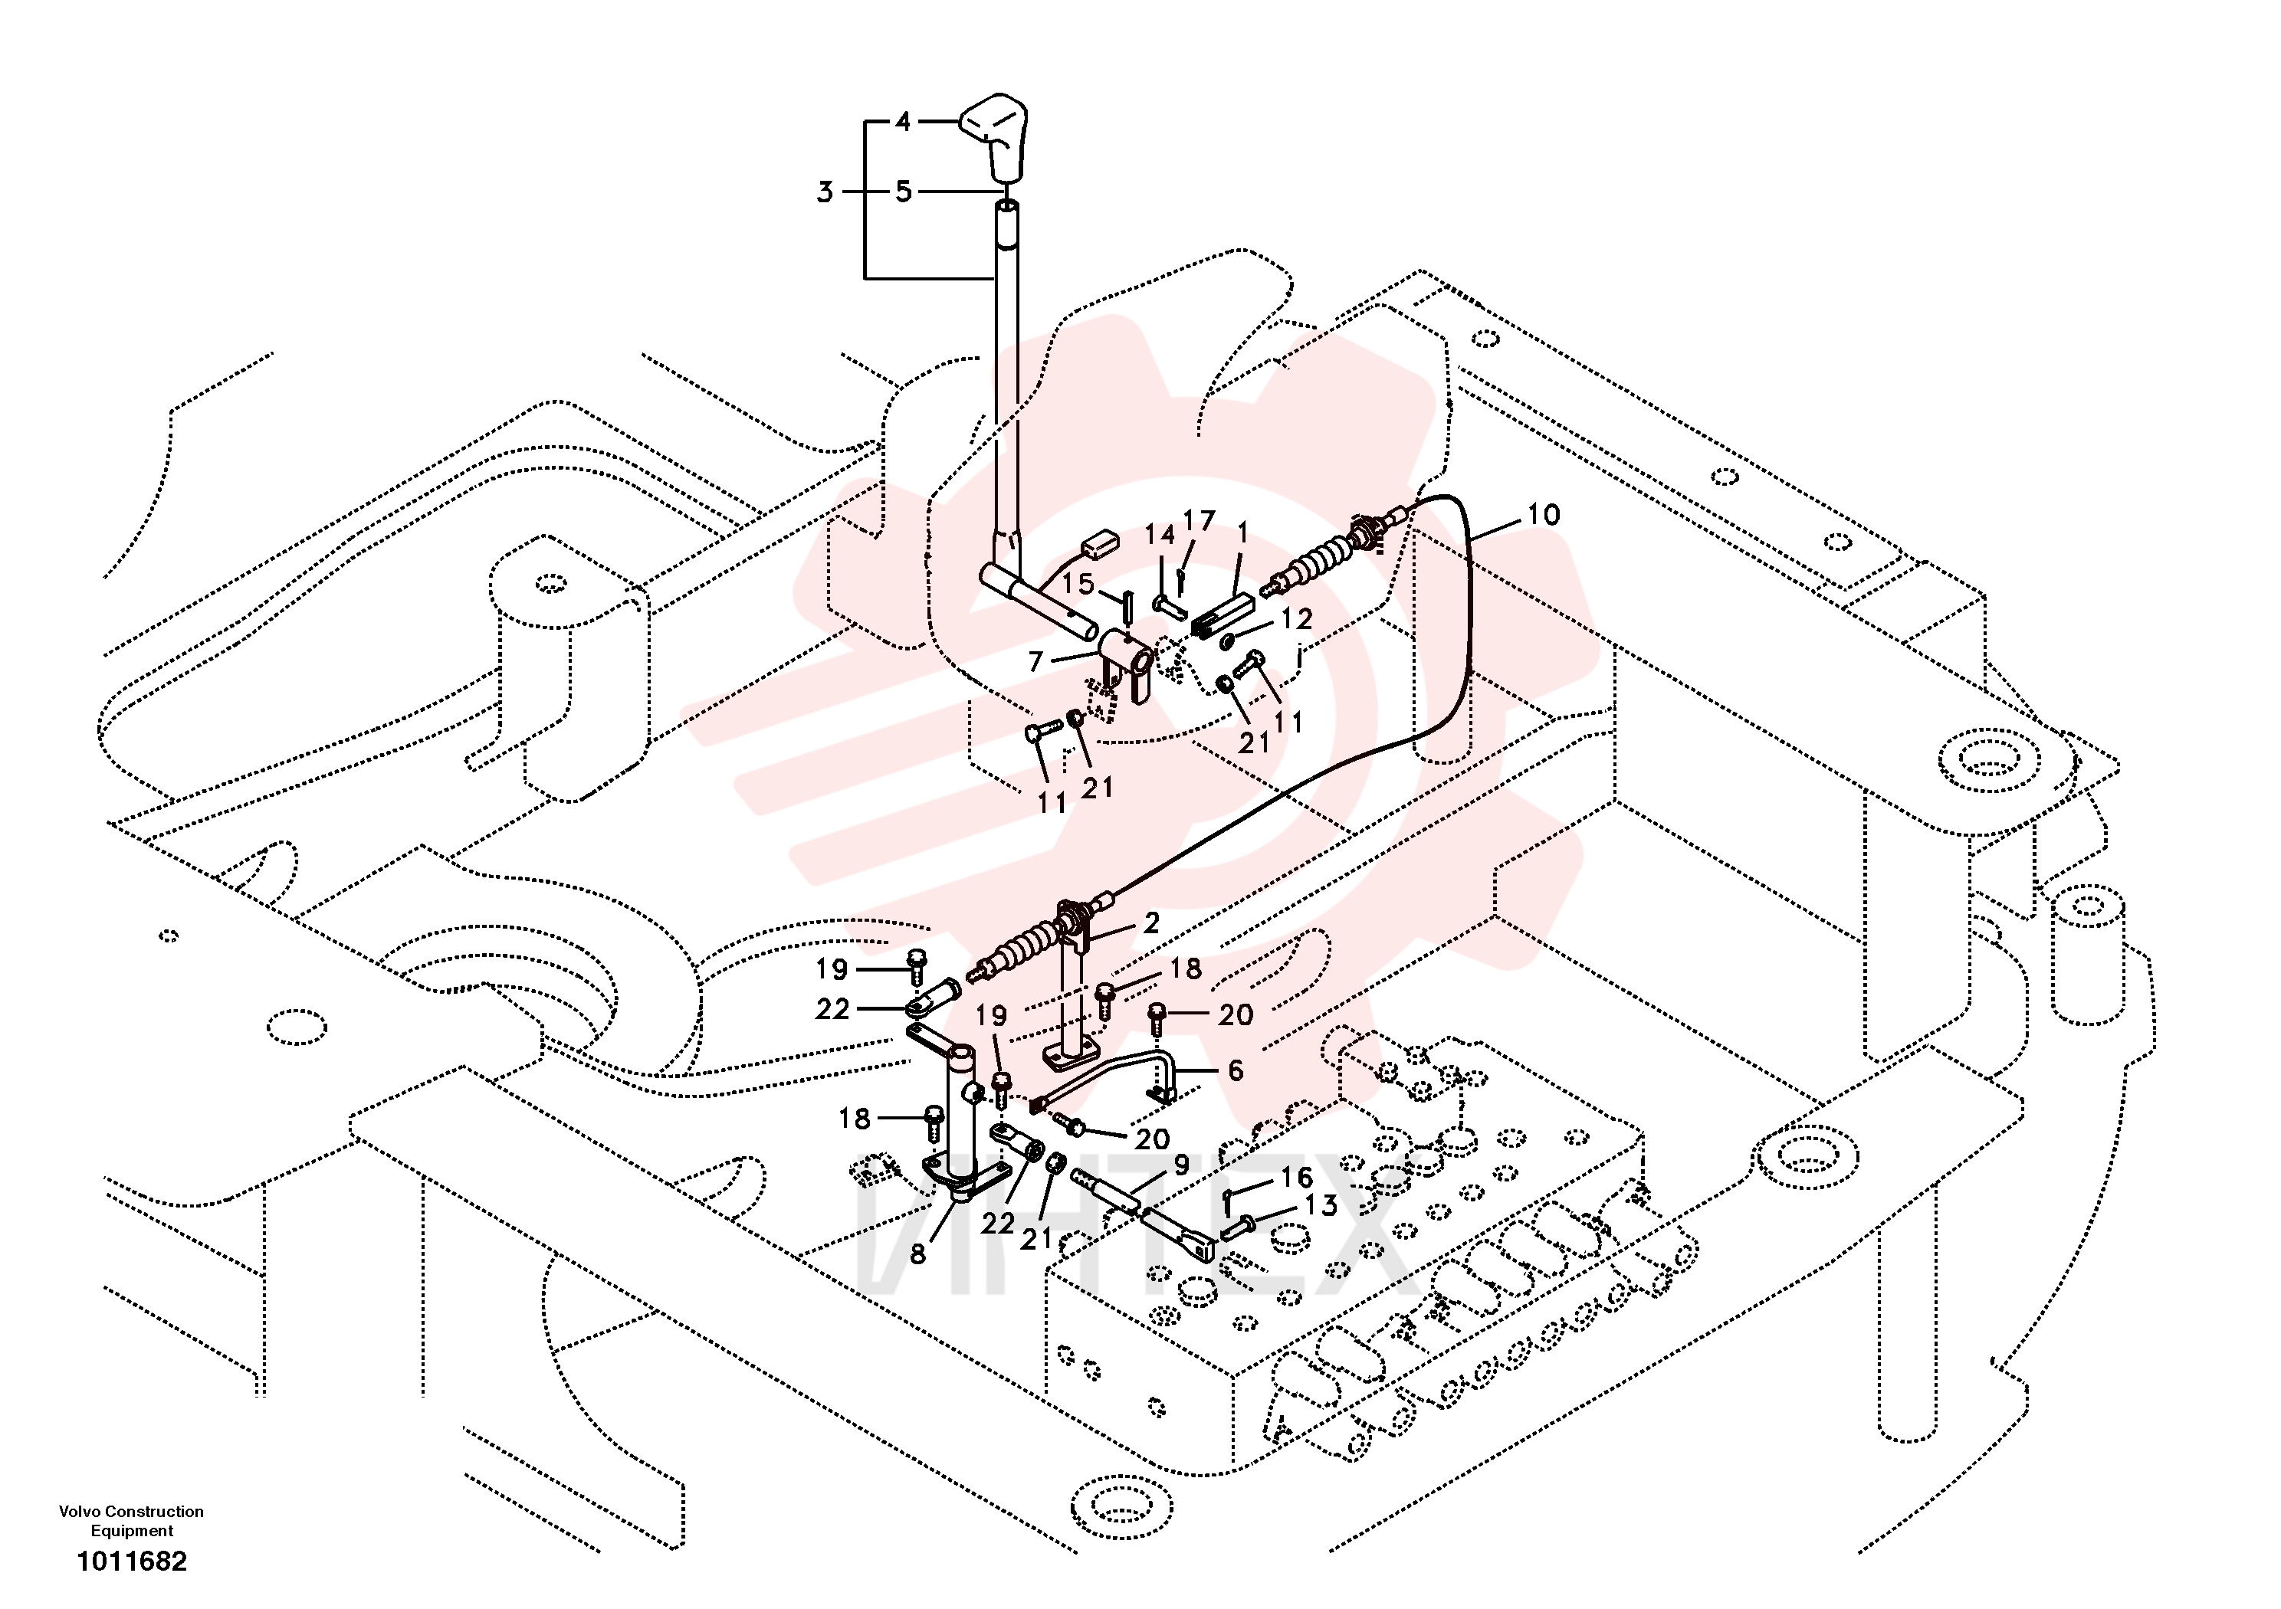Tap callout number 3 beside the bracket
tap(825, 192)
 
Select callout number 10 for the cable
tap(1543, 514)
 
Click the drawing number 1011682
tap(132, 1561)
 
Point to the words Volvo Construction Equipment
tap(131, 1521)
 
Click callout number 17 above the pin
tap(1199, 522)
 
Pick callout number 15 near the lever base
tap(1078, 583)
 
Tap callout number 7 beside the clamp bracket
tap(1035, 660)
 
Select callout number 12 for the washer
tap(1296, 619)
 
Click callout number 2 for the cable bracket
tap(1151, 922)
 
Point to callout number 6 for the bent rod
tap(1235, 1070)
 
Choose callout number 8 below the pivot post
tap(918, 1254)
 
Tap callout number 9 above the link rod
tap(1181, 1165)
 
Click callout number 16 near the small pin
tap(1296, 1177)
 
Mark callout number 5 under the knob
tap(903, 192)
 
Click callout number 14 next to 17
tap(1160, 536)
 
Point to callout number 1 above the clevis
tap(1242, 533)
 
